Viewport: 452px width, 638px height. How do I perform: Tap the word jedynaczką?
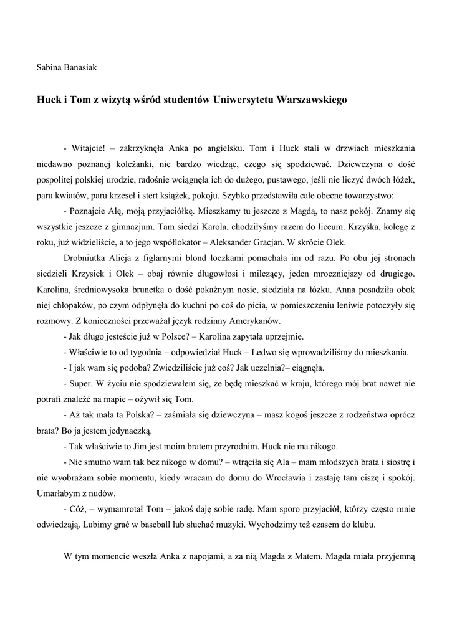point(128,430)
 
